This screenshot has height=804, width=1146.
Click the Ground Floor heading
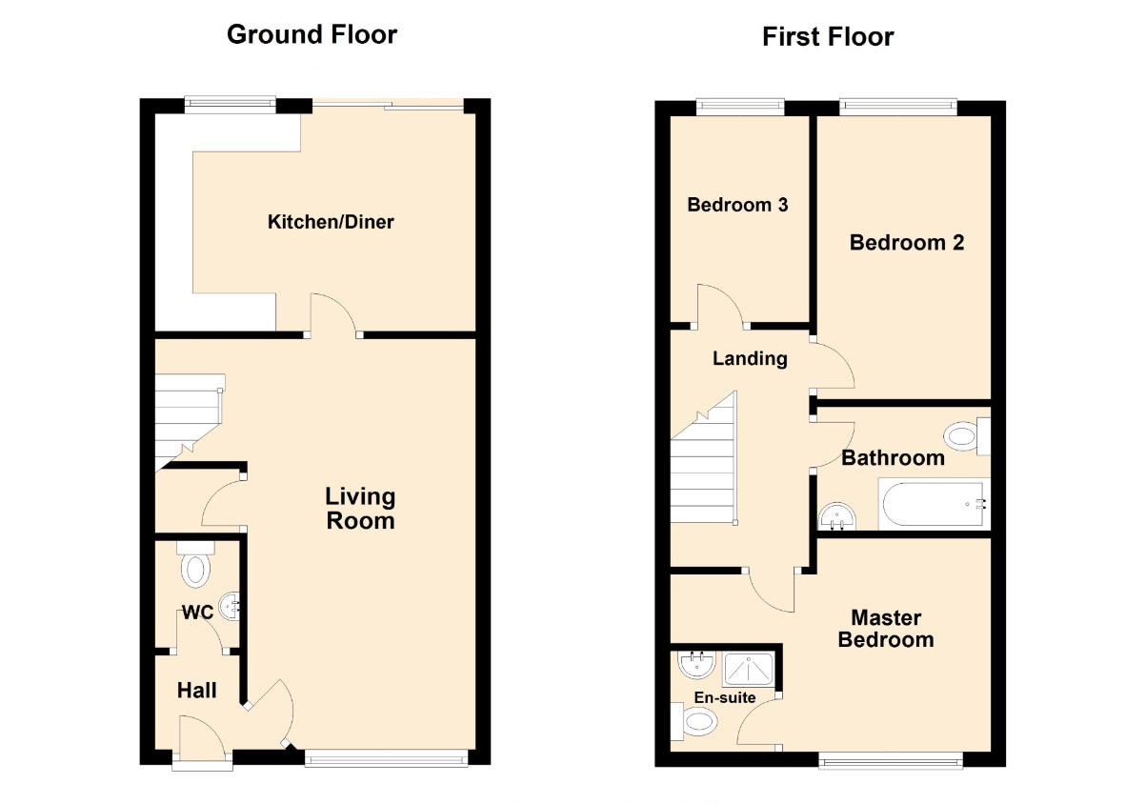click(312, 35)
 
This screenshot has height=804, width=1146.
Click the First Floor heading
click(828, 37)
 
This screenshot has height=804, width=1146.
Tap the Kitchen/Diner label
click(331, 222)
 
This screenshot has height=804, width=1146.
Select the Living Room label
click(361, 509)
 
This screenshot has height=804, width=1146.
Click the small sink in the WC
click(231, 607)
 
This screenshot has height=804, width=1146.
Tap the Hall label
click(197, 691)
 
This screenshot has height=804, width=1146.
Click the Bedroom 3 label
click(737, 205)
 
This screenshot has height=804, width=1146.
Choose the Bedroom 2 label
click(907, 242)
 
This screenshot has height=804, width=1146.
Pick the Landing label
click(750, 358)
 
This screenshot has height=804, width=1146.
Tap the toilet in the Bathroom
click(967, 436)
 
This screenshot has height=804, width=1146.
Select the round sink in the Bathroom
click(837, 516)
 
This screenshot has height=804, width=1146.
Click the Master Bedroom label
click(886, 629)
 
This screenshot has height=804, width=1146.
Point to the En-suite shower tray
click(748, 669)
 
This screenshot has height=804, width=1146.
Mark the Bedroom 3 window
click(740, 107)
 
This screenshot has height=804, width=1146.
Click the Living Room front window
click(386, 758)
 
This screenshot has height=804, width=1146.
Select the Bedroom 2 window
click(898, 107)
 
